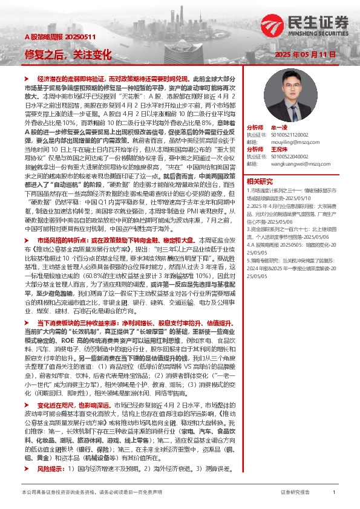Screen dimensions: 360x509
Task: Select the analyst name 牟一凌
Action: pos(280,128)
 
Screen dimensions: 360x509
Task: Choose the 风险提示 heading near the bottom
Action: pos(50,452)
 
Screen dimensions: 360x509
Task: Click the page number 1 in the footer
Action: pos(334,493)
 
